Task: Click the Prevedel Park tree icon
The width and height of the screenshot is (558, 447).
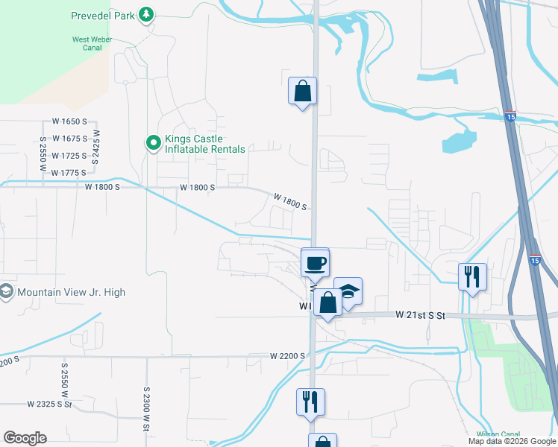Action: [x=148, y=15]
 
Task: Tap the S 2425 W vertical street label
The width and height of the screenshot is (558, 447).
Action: [x=95, y=145]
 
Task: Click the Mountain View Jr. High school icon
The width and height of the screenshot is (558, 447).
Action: [x=7, y=292]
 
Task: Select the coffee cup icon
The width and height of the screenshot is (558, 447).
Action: [x=315, y=262]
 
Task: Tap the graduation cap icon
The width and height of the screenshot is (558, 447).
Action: [x=348, y=291]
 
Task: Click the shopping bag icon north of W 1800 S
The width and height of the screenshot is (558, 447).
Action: [x=302, y=91]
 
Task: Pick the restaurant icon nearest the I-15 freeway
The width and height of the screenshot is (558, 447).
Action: [x=472, y=276]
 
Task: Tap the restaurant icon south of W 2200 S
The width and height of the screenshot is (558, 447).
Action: [x=310, y=402]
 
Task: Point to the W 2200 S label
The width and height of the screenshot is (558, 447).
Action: [x=288, y=356]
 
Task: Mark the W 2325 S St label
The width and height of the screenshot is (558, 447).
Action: [x=49, y=404]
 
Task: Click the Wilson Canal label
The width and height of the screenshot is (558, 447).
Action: [x=498, y=434]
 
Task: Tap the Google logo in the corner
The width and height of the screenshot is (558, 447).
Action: [x=25, y=438]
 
